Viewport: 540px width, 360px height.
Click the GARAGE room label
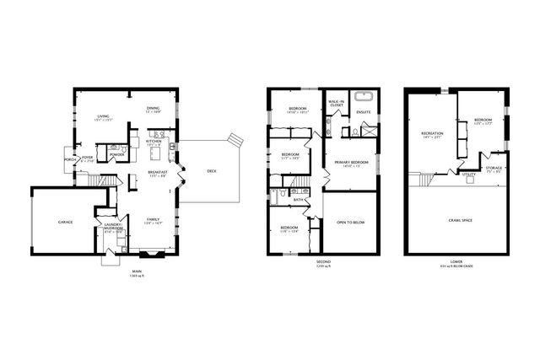click(65, 222)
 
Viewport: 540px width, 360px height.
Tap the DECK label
click(211, 171)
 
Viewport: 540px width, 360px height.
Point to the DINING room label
click(153, 108)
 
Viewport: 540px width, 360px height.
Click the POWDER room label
click(117, 154)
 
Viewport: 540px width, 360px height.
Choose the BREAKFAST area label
click(158, 173)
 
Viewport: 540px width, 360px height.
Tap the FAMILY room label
click(153, 220)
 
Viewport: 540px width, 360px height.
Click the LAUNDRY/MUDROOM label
click(114, 227)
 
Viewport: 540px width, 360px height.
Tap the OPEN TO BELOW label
click(349, 223)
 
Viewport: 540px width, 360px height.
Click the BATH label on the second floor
click(299, 199)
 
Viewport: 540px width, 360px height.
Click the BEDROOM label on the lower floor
click(483, 120)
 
